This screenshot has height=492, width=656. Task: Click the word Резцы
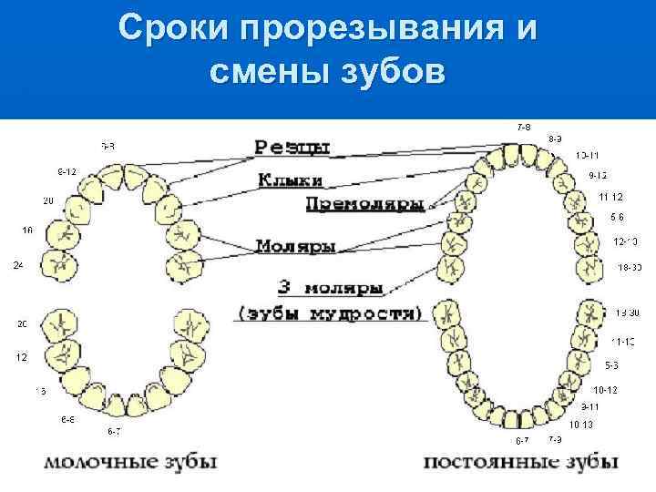[x=292, y=147]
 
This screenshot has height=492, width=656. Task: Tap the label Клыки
[x=289, y=180]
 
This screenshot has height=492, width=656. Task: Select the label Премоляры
[x=364, y=204]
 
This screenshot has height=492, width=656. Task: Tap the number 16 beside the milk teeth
[x=27, y=231]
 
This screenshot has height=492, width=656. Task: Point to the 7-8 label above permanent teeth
[x=524, y=126]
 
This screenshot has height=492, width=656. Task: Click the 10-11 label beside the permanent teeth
[x=588, y=156]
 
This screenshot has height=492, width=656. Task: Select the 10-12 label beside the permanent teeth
[x=606, y=390]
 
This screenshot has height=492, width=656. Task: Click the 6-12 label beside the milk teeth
[x=67, y=171]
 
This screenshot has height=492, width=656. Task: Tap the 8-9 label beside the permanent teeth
[x=554, y=138]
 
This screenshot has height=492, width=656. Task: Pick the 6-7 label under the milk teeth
[x=115, y=430]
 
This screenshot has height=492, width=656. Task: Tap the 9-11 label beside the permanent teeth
[x=589, y=406]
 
